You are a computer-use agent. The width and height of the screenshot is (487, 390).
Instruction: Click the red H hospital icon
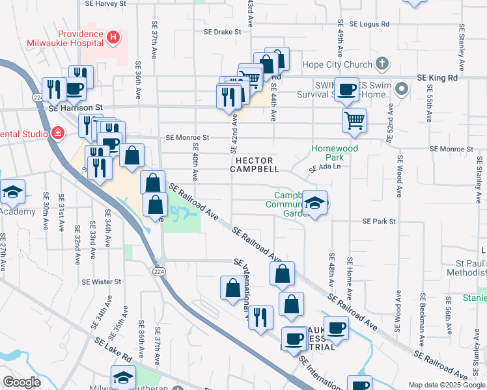tap(114, 37)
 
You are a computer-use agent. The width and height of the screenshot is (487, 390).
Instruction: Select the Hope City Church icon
tap(382, 64)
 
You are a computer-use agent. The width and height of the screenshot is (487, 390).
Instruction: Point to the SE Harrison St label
tap(76, 107)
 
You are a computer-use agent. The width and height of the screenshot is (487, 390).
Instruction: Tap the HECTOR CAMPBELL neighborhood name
tap(255, 164)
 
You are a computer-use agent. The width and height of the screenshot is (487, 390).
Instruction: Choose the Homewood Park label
tap(335, 153)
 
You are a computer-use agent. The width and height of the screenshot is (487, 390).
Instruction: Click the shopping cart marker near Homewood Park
tap(354, 120)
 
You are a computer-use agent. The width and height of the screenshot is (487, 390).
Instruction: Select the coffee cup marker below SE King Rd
tap(346, 89)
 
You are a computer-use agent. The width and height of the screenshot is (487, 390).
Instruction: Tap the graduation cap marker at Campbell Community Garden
tap(314, 203)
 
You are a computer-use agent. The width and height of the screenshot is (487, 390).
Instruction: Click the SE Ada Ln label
tap(325, 168)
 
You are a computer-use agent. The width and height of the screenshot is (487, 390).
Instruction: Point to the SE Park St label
tap(379, 222)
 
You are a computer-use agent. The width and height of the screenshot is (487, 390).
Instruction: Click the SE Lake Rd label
tap(113, 349)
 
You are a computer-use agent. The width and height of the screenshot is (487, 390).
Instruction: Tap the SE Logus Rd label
tap(369, 23)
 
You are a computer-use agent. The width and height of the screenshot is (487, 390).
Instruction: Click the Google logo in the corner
tap(21, 382)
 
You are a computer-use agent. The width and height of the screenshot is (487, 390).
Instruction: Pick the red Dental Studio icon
tap(58, 134)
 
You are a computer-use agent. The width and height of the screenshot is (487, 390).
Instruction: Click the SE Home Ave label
tap(350, 273)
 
